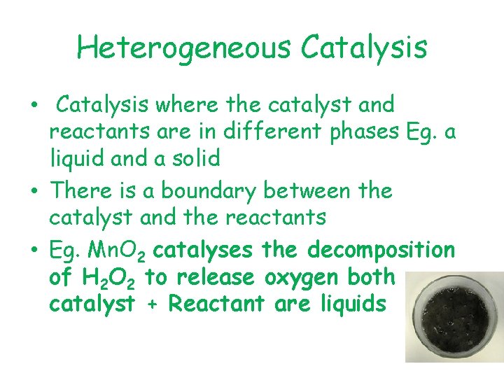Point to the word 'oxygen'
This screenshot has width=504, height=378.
(x=302, y=278)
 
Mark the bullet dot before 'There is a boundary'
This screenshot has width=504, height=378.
(x=35, y=191)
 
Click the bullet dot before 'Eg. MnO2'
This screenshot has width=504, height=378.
(x=35, y=250)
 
